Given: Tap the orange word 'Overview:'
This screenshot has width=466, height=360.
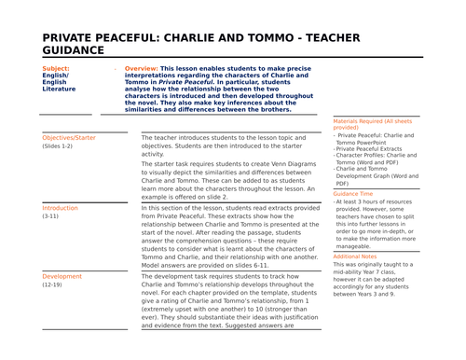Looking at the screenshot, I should tap(141, 69).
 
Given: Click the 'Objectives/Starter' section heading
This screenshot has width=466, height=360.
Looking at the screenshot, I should tap(70, 137).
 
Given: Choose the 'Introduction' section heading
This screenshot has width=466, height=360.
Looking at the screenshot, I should tap(60, 207).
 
